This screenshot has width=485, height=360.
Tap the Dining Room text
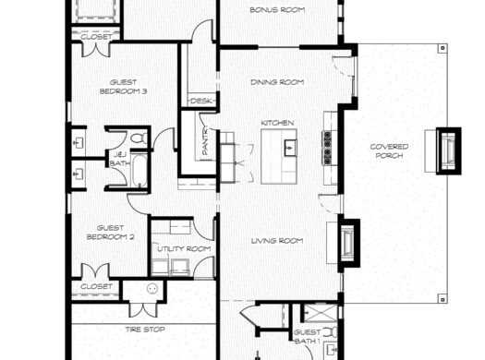pyautogui.click(x=277, y=82)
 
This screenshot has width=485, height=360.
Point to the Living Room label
pyautogui.click(x=277, y=242)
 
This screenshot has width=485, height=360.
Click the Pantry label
pyautogui.click(x=205, y=142)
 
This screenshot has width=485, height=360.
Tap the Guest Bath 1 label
pyautogui.click(x=308, y=336)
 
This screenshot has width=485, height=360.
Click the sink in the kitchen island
pyautogui.click(x=288, y=146)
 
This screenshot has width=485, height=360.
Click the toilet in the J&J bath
pyautogui.click(x=140, y=139)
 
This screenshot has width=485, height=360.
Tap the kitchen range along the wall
pyautogui.click(x=326, y=143)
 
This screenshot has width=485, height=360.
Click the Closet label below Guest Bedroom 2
pyautogui.click(x=97, y=286)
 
